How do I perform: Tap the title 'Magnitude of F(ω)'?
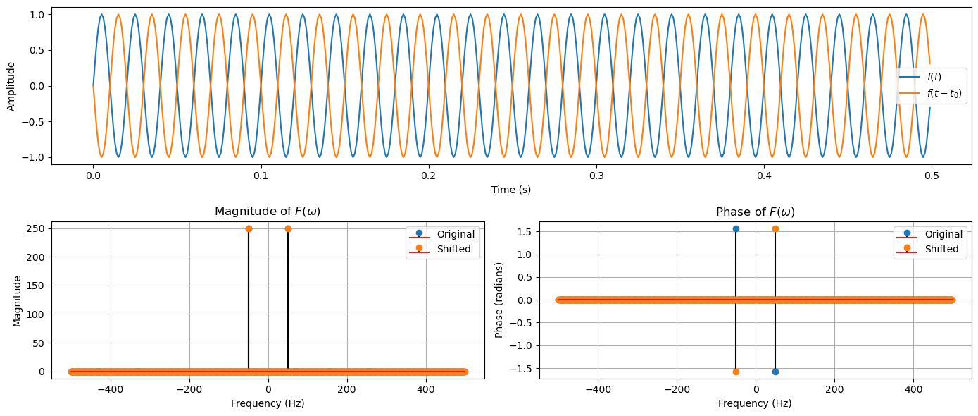click(268, 212)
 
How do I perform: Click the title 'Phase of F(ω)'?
click(756, 212)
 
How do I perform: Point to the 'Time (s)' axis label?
click(511, 190)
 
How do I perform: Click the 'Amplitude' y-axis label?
click(11, 86)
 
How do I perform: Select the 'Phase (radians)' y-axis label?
click(499, 300)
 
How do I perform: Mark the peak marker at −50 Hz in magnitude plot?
click(249, 228)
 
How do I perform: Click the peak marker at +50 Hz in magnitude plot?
click(288, 228)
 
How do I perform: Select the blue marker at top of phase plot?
click(736, 228)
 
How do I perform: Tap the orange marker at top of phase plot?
click(775, 228)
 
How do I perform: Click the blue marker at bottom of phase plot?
click(775, 372)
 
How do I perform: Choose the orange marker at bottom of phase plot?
click(736, 372)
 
